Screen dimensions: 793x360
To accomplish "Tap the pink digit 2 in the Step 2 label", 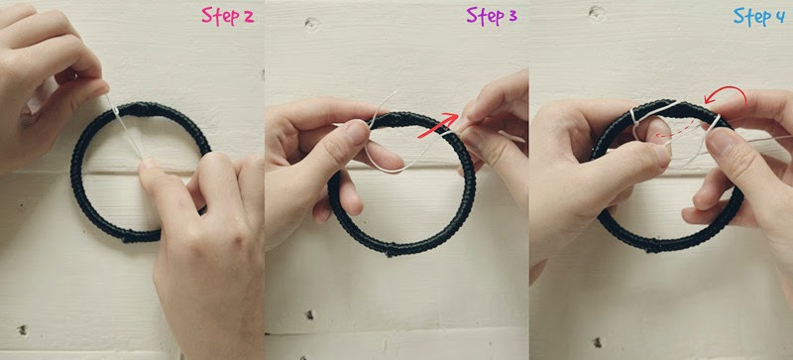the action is click(x=249, y=17).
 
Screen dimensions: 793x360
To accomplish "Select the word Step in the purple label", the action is click(x=484, y=16).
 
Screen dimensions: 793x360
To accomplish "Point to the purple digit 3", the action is click(x=511, y=17).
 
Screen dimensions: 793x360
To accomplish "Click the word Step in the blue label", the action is click(x=752, y=16).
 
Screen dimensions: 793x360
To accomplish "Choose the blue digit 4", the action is click(x=780, y=17).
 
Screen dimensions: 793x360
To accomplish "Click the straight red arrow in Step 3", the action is click(x=438, y=126).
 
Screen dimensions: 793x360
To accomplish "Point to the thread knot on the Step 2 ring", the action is click(x=116, y=110).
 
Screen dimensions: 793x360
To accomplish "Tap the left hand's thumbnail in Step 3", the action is click(x=357, y=133).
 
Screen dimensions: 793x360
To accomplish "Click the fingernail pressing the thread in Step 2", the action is click(x=149, y=163).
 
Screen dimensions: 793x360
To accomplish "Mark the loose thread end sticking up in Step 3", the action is click(x=383, y=106).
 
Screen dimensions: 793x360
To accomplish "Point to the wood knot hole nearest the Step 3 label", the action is click(x=311, y=23).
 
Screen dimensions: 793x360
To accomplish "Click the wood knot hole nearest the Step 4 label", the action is click(x=597, y=13).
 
